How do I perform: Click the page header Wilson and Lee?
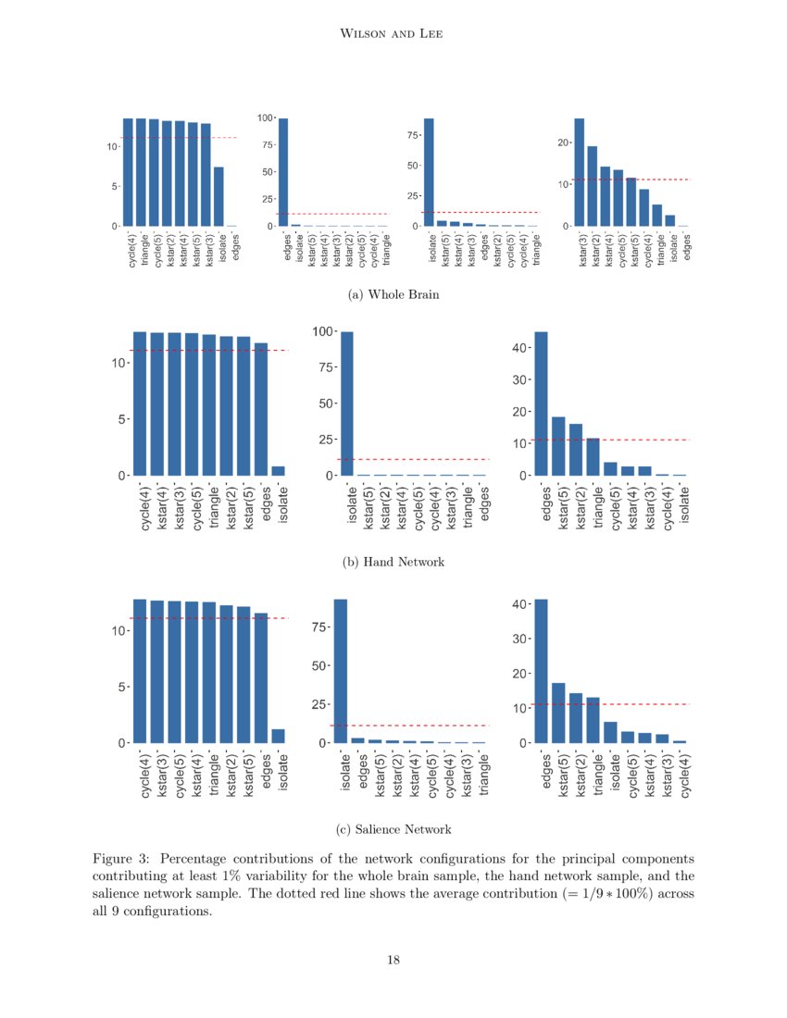393,34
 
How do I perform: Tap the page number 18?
393,961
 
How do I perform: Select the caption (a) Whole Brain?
393,295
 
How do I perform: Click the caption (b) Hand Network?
393,562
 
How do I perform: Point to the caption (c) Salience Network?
393,828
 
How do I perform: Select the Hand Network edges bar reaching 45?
541,403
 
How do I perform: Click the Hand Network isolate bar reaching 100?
347,403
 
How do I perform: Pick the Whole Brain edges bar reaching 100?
283,172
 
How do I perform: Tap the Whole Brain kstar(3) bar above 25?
580,172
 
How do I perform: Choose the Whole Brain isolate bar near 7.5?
219,196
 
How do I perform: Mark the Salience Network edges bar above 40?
541,671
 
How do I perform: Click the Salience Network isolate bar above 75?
341,671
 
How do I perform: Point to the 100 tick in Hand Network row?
323,331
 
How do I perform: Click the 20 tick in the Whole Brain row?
561,143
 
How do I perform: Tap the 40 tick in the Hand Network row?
519,348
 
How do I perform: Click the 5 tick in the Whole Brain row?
113,187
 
